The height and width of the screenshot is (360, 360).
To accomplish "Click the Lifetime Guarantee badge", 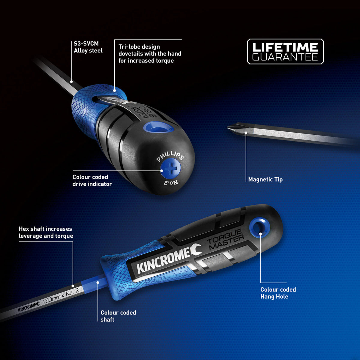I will pyautogui.click(x=285, y=52).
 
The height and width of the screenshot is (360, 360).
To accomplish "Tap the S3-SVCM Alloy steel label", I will pyautogui.click(x=88, y=47).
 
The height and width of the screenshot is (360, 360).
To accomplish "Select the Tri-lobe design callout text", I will pyautogui.click(x=150, y=54).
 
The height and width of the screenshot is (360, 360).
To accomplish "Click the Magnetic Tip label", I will pyautogui.click(x=265, y=179).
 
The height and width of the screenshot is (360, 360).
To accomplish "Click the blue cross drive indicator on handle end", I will pyautogui.click(x=170, y=169).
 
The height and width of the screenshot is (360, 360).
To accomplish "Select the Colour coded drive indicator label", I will pyautogui.click(x=92, y=181).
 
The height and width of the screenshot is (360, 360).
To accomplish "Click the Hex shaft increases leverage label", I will pyautogui.click(x=46, y=232).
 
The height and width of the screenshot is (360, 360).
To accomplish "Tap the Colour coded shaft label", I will pyautogui.click(x=118, y=316).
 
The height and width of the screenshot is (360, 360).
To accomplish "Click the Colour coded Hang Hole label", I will pyautogui.click(x=278, y=293).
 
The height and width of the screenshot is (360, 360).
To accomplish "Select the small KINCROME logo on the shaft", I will pyautogui.click(x=29, y=307).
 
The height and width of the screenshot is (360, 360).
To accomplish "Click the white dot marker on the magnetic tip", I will pyautogui.click(x=246, y=132).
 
